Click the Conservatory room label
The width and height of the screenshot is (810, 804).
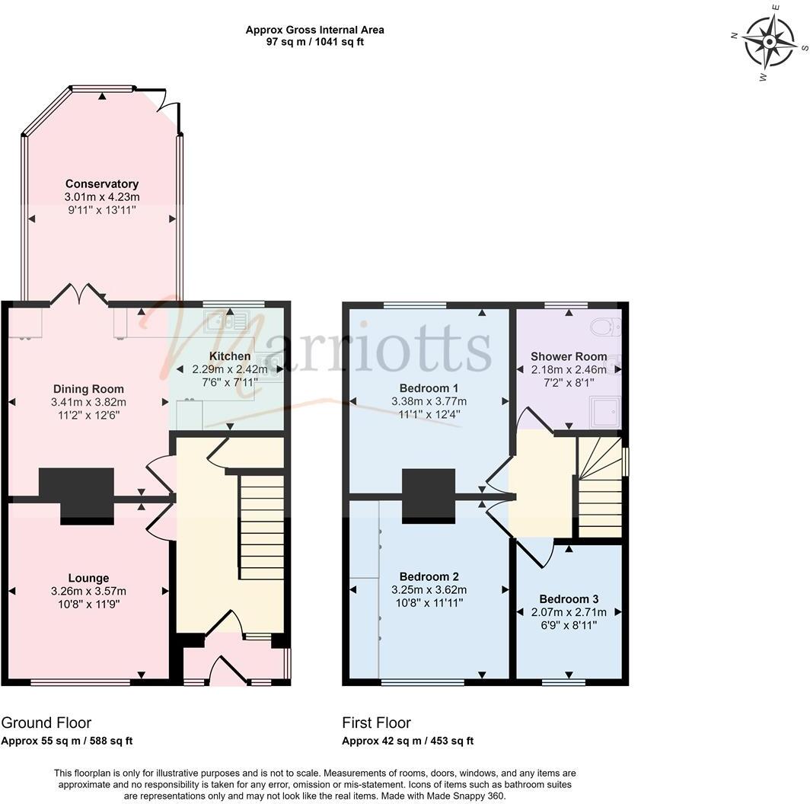coord(101,183)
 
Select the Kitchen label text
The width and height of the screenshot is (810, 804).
coord(229,356)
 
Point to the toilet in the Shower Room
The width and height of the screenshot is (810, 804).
coord(609,327)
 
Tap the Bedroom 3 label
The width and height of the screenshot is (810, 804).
coord(569,599)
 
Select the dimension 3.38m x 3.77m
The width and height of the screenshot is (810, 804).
coord(429,401)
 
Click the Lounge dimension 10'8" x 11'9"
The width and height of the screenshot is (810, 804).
coord(88,604)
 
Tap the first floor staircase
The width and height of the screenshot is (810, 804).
coord(600,487)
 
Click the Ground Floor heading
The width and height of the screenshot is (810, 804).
coord(46,723)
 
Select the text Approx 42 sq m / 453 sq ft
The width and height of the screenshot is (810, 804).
coord(407,741)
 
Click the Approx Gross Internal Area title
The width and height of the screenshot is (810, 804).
coord(314,30)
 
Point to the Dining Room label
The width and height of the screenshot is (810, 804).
coord(88,390)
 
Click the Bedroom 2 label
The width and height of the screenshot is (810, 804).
coord(429,577)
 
